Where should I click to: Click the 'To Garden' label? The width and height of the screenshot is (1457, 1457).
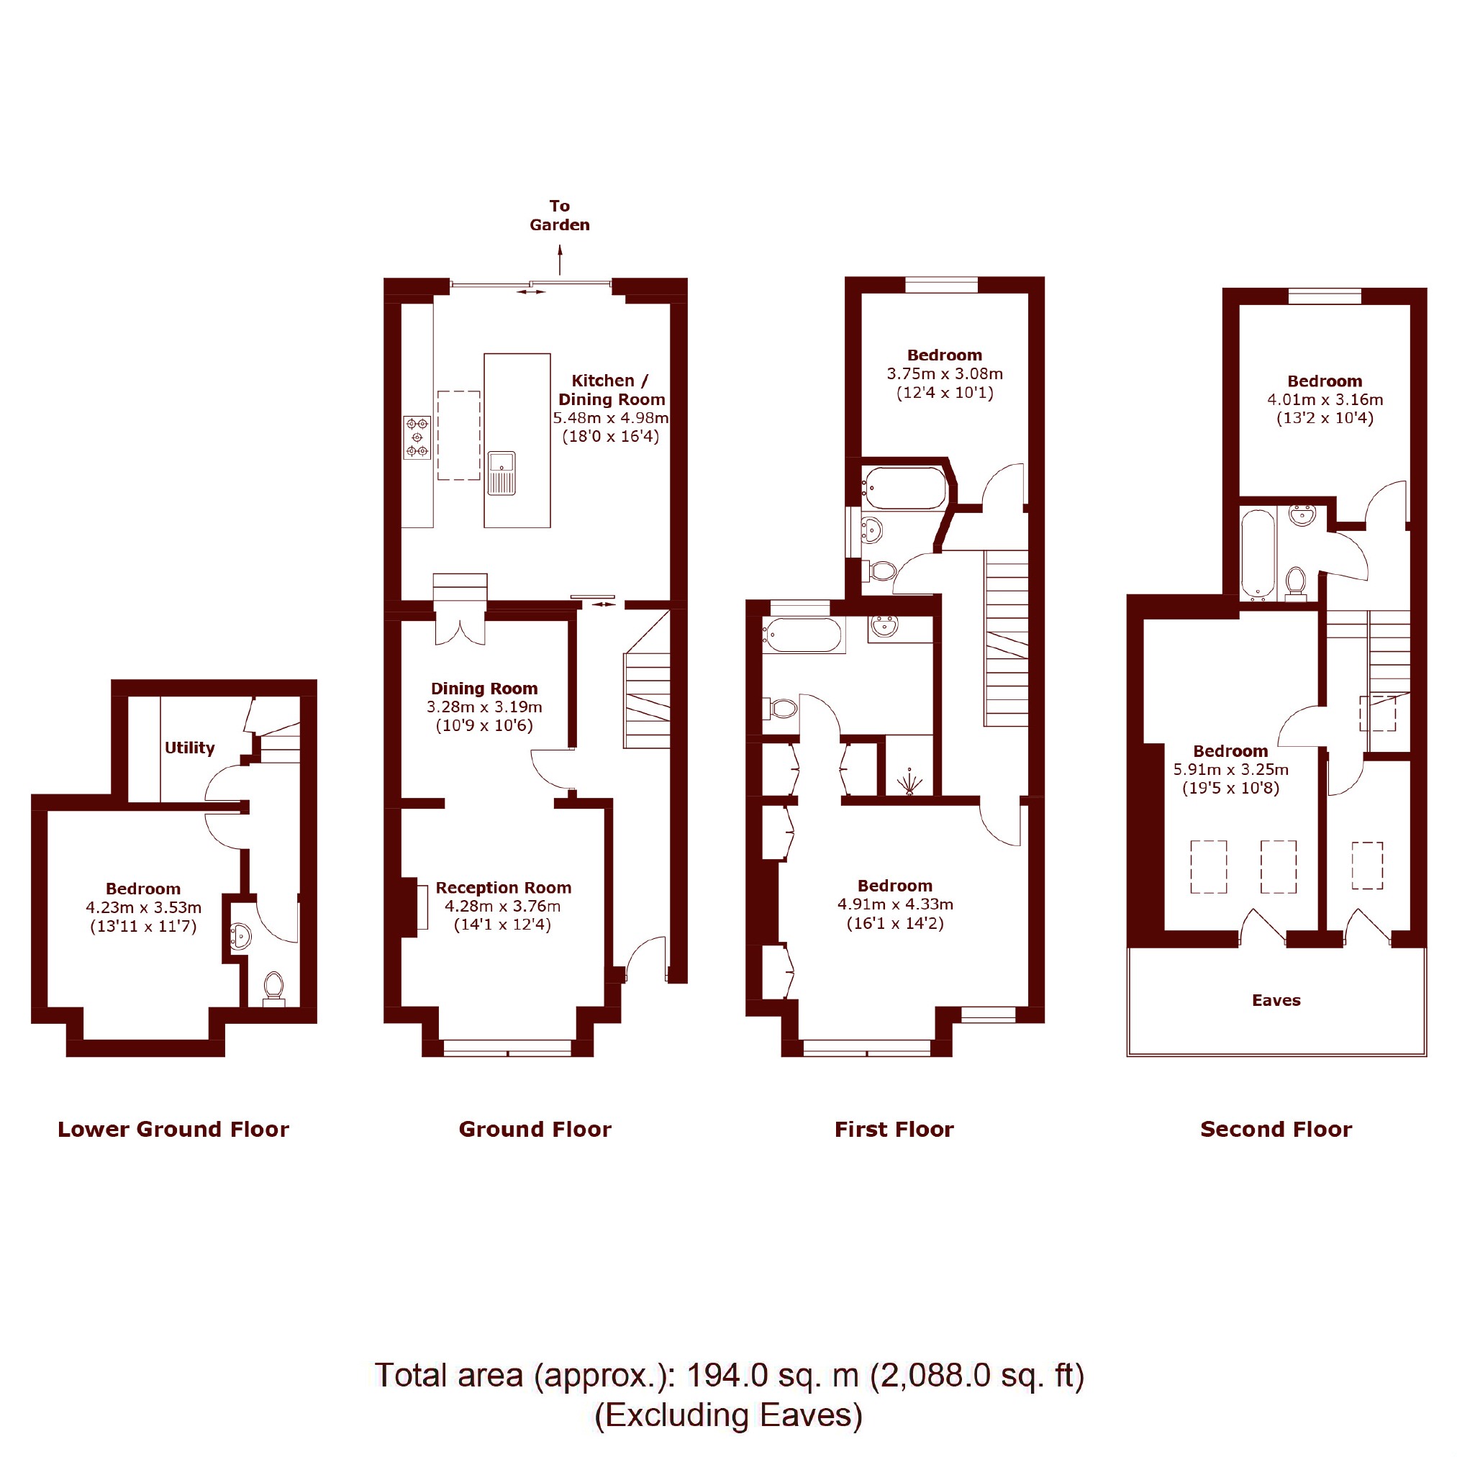(559, 215)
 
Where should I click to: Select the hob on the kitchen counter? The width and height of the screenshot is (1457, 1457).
(417, 437)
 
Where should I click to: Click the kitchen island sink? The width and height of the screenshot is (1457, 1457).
(501, 473)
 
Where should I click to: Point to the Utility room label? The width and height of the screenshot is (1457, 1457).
(189, 748)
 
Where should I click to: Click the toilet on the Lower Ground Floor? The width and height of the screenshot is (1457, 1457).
(273, 989)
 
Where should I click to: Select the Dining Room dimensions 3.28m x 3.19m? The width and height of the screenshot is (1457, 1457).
(484, 707)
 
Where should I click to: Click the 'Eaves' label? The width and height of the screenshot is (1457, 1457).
(1276, 1000)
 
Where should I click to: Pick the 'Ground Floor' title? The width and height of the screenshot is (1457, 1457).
(535, 1129)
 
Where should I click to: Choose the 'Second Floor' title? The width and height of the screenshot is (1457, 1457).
(1276, 1129)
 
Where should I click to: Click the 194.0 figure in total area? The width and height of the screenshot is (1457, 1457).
(727, 1375)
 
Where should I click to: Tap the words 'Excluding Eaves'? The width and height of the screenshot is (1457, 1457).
(728, 1415)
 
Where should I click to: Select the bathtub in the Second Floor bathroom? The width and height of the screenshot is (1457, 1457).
(1258, 555)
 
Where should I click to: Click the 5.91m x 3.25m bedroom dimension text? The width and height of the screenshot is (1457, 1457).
(1231, 770)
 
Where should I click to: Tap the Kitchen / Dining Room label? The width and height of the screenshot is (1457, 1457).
(611, 390)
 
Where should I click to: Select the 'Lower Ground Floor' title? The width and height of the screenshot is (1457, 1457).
(173, 1129)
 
